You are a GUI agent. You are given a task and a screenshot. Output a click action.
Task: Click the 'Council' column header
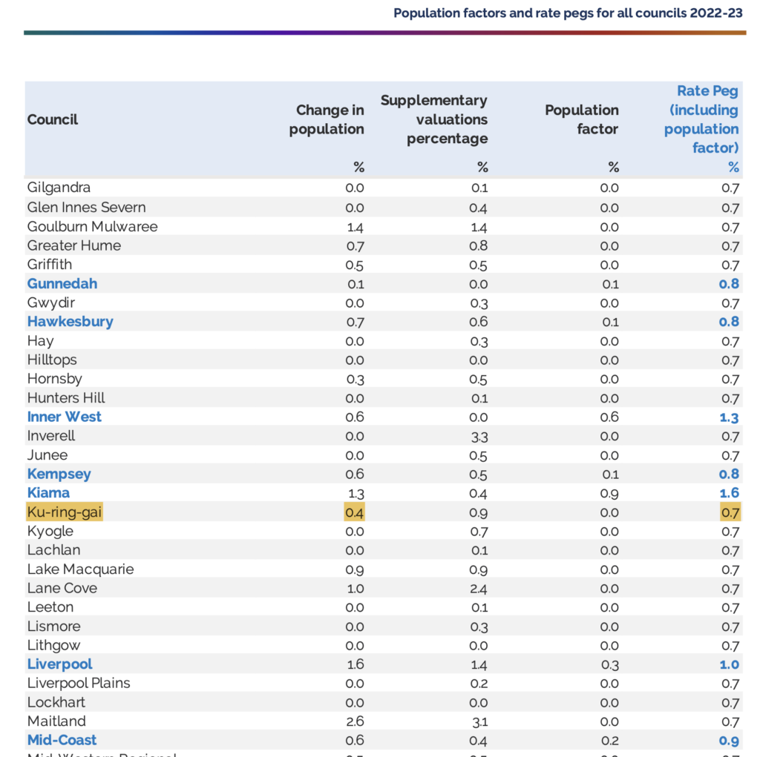click(x=53, y=119)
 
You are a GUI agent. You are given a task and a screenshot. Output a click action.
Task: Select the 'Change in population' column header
click(x=327, y=119)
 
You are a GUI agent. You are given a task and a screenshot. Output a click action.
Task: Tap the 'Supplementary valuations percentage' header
click(x=433, y=119)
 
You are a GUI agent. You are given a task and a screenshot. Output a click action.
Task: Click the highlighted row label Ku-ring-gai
click(x=65, y=512)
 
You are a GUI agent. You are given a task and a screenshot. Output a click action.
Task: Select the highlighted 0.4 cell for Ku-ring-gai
click(x=354, y=512)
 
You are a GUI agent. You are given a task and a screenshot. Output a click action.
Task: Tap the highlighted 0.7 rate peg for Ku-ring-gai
click(x=730, y=512)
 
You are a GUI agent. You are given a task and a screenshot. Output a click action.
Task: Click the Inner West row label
click(x=64, y=417)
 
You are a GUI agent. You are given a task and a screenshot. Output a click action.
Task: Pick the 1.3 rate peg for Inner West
click(x=729, y=417)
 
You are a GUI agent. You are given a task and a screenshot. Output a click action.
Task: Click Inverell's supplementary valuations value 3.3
click(x=479, y=437)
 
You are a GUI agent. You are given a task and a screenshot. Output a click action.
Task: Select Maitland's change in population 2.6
click(x=355, y=721)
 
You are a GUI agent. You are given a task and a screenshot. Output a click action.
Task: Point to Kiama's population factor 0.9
click(x=609, y=494)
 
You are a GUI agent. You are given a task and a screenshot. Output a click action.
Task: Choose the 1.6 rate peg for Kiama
click(x=729, y=493)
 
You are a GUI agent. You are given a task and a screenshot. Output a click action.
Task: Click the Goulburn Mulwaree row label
click(x=92, y=227)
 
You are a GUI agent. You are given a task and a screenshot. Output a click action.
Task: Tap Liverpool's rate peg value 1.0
click(x=729, y=664)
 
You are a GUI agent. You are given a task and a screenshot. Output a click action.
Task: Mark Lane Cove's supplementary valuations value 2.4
click(x=479, y=589)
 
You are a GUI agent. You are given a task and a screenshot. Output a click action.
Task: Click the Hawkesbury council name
click(x=71, y=322)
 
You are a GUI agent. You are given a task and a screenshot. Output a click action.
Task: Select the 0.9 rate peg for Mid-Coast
click(x=729, y=741)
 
